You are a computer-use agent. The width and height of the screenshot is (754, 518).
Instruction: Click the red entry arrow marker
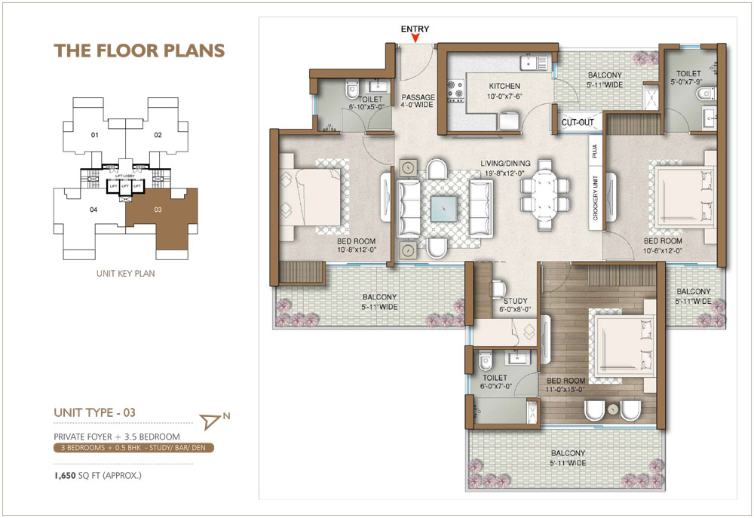pos(415,38)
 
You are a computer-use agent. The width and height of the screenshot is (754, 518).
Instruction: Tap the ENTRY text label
pos(415,29)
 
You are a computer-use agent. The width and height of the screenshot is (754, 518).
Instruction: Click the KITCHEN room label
pos(504,87)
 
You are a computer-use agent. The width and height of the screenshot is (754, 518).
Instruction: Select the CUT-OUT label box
pos(578,122)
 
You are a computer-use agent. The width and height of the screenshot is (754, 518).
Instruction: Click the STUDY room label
pos(516,301)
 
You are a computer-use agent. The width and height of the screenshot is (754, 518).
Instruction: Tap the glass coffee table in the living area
pos(437,207)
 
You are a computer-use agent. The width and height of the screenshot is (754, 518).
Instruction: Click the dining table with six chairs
pos(544,195)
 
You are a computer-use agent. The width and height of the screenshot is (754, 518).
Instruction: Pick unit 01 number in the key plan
pos(95,136)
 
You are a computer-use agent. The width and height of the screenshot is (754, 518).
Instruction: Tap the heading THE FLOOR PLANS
pos(139,51)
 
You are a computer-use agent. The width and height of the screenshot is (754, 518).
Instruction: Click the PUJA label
pos(595,153)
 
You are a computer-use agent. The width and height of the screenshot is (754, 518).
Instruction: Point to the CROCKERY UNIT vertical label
pos(595,201)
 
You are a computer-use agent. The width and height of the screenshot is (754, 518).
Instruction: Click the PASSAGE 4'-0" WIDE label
pos(418,101)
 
